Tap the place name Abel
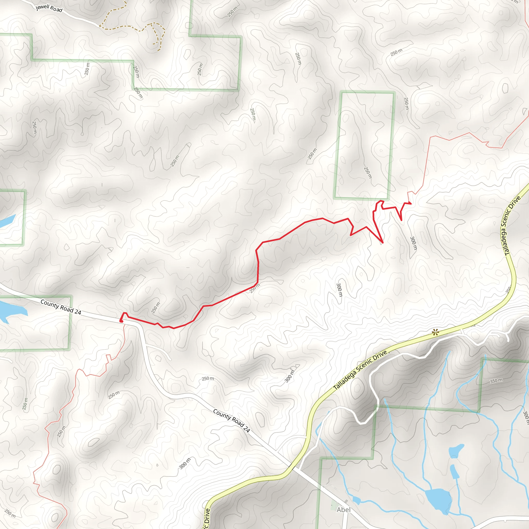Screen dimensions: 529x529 [343, 510]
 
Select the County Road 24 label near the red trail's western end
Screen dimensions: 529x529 [61, 307]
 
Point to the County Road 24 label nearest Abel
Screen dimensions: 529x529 [232, 421]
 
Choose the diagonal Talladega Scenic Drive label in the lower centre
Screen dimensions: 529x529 [360, 370]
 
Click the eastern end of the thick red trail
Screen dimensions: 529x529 [410, 203]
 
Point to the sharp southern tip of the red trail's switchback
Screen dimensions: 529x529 [383, 242]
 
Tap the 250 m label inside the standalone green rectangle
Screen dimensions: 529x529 [368, 173]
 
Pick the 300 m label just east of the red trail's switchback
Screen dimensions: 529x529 [414, 243]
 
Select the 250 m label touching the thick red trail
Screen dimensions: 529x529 [255, 288]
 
